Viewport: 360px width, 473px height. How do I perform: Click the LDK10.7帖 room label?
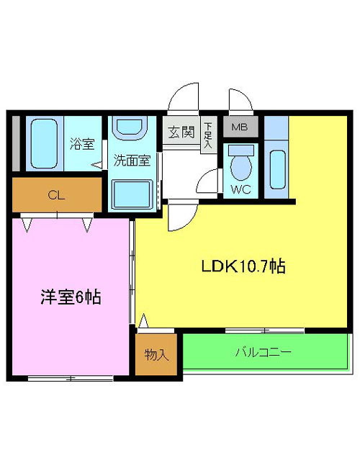(243, 266)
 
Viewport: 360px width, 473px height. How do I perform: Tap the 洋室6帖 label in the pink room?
(71, 297)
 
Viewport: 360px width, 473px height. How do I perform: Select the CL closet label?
(56, 196)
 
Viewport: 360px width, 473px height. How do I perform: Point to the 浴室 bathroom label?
(82, 143)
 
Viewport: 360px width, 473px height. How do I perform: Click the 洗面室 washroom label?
(132, 160)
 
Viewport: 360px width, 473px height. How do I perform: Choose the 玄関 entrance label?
(181, 132)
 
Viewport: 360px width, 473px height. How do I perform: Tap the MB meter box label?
(240, 127)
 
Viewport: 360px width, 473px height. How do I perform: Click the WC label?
(240, 189)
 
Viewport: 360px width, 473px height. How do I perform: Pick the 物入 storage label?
(156, 354)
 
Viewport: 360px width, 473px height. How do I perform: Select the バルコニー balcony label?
(264, 352)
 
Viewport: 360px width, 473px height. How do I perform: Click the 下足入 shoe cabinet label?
(208, 135)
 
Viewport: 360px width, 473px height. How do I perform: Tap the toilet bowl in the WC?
(241, 165)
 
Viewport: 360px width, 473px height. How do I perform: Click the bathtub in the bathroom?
(44, 143)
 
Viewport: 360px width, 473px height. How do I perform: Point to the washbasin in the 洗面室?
(129, 128)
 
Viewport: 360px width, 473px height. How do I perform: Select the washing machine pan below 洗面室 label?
(132, 194)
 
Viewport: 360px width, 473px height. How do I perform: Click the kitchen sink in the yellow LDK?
(278, 169)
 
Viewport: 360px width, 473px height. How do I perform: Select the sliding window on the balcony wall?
(264, 330)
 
